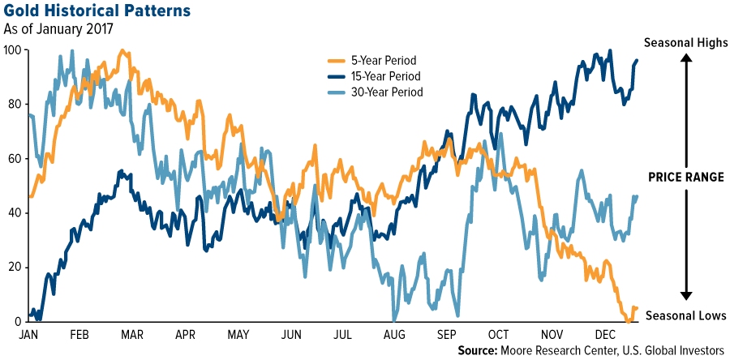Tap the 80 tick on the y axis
pyautogui.click(x=14, y=105)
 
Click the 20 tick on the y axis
pyautogui.click(x=14, y=267)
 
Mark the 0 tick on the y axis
pyautogui.click(x=17, y=321)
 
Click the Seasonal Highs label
pyautogui.click(x=685, y=43)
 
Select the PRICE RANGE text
pyautogui.click(x=686, y=178)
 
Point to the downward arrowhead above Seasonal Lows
pyautogui.click(x=685, y=297)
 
